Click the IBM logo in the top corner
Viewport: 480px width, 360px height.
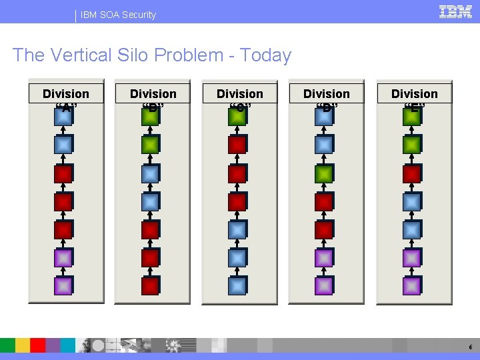click(x=456, y=11)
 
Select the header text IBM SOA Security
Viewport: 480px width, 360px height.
click(x=119, y=15)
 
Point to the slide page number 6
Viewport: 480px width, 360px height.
click(x=471, y=347)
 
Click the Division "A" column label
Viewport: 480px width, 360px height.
click(x=65, y=94)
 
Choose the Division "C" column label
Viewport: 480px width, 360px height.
click(x=240, y=94)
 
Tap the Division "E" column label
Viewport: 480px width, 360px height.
click(x=414, y=94)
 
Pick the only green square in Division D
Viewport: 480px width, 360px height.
click(x=324, y=173)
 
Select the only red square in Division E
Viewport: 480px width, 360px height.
click(x=411, y=173)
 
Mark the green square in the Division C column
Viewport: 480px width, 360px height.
click(x=237, y=115)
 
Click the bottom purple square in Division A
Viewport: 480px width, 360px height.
click(x=63, y=285)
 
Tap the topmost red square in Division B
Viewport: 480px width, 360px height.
click(x=151, y=229)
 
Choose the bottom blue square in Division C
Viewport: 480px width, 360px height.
click(x=237, y=285)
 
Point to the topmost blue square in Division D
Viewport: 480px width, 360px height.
click(x=324, y=115)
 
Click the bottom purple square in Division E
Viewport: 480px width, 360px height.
click(x=411, y=285)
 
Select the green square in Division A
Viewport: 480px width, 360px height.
click(x=63, y=115)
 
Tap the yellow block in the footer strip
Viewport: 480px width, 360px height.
click(x=23, y=345)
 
